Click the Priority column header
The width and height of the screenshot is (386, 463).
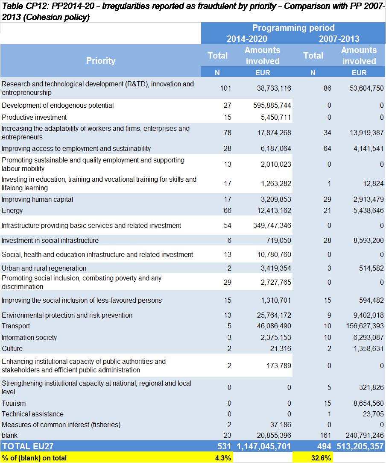click(x=100, y=61)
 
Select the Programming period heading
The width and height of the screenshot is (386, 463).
click(x=293, y=28)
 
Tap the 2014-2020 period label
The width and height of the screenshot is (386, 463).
click(x=247, y=38)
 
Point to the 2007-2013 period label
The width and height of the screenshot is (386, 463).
click(x=339, y=38)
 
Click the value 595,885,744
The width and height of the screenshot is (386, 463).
click(x=272, y=106)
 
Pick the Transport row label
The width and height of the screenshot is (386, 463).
click(x=16, y=326)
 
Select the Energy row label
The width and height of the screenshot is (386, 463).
click(x=12, y=210)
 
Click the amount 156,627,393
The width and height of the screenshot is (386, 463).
click(x=365, y=326)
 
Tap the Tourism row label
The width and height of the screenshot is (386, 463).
click(x=14, y=403)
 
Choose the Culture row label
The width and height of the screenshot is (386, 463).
click(x=12, y=349)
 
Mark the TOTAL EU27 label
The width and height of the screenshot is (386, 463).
click(x=28, y=446)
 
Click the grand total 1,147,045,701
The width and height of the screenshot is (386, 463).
click(x=263, y=446)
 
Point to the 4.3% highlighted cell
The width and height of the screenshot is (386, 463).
click(x=223, y=458)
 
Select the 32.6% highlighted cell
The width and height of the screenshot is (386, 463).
click(x=321, y=458)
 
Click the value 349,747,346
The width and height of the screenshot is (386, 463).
click(x=272, y=226)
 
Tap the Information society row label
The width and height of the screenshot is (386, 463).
click(x=29, y=337)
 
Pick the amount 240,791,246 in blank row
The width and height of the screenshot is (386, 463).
click(x=365, y=435)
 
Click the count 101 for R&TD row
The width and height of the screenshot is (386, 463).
click(x=225, y=88)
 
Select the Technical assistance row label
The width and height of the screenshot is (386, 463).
click(x=33, y=414)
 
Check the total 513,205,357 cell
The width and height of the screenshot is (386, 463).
click(x=360, y=446)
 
